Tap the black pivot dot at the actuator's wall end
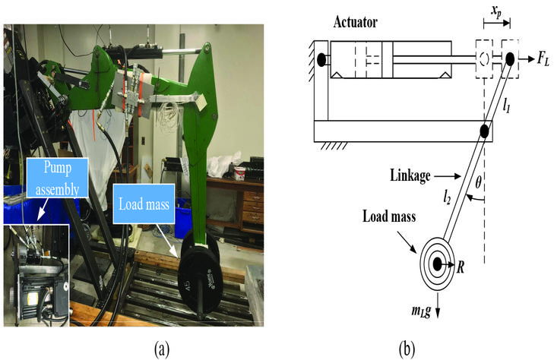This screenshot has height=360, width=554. pos(321,58)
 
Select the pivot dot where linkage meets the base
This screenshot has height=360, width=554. pos(483,131)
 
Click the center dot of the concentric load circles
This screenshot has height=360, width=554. pos(437,264)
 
